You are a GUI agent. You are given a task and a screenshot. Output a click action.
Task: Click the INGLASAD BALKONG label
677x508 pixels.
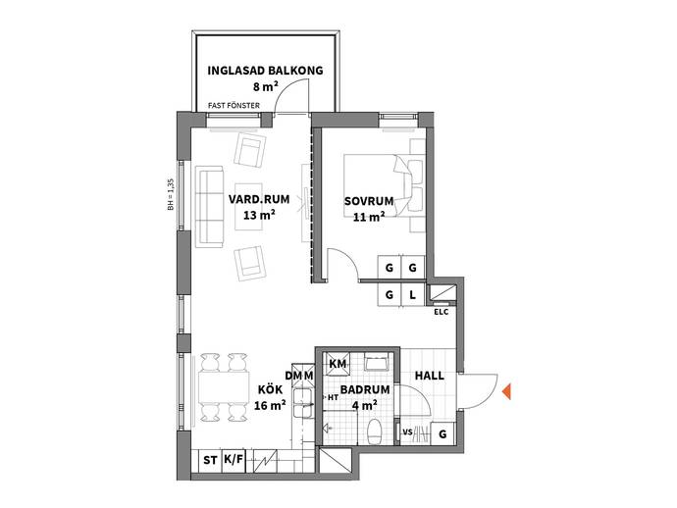coord(265,71)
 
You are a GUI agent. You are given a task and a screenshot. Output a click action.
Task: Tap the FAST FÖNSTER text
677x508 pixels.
coord(234,105)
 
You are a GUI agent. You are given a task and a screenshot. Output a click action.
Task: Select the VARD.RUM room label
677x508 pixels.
coord(259,199)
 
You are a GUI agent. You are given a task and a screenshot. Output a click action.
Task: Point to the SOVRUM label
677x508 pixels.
coord(369,201)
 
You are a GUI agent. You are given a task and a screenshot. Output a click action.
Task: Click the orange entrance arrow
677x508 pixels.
coord(506,391)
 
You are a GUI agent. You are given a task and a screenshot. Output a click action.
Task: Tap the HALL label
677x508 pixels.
coord(429,376)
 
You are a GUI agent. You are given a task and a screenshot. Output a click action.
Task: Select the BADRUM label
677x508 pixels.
coord(365,389)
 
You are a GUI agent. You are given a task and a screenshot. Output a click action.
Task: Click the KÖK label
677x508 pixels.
coord(270,389)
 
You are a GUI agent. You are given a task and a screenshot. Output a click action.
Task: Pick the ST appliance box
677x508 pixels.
coord(210,461)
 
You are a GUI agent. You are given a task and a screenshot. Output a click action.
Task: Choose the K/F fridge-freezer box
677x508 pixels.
coord(234,461)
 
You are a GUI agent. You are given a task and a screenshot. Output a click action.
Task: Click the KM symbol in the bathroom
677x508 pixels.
coord(338,364)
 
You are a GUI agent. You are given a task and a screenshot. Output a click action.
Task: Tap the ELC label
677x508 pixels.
coord(442,312)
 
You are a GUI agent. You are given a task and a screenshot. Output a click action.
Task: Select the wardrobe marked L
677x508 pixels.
coord(412,295)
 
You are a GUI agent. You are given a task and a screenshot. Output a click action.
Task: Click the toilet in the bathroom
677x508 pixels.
coord(374,431)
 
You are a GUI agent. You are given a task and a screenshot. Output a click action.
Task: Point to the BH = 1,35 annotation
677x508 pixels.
coord(171,194)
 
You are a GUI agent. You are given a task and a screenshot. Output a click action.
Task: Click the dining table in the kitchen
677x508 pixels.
coord(224,387)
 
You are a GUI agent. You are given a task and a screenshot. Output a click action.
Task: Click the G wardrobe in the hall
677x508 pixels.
coord(443,433)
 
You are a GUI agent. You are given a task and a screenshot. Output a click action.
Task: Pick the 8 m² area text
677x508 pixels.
coord(265,86)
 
